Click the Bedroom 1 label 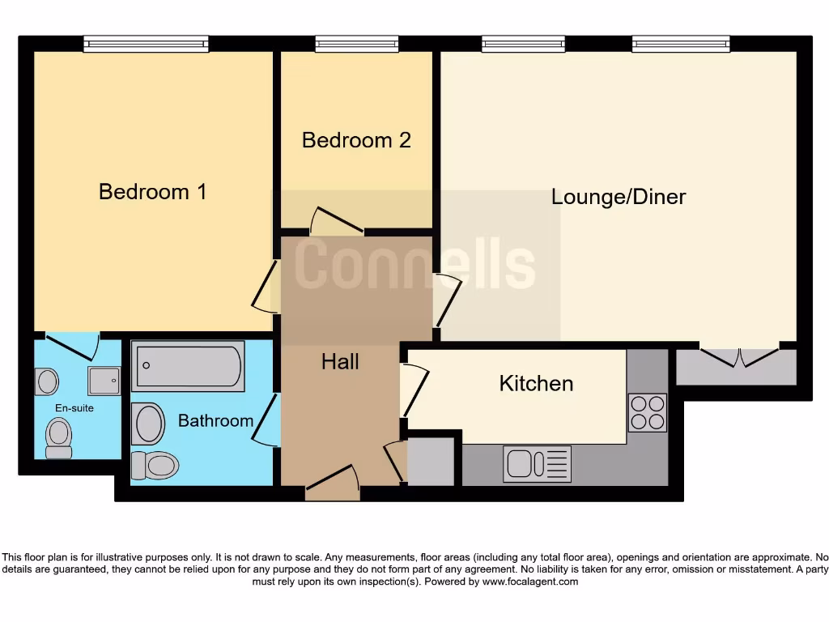tap(152, 192)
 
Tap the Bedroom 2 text tap(356, 140)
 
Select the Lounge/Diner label tap(619, 197)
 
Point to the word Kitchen tap(536, 383)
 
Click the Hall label tap(340, 362)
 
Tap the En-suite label tap(74, 408)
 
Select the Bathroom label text tap(215, 421)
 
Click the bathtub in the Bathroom tap(189, 366)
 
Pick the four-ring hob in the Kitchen tap(647, 412)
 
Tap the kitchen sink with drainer tap(537, 464)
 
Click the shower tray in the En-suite tap(104, 380)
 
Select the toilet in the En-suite tap(58, 438)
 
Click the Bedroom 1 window tap(146, 44)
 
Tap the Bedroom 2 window tap(356, 44)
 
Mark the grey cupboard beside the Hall tap(431, 462)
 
